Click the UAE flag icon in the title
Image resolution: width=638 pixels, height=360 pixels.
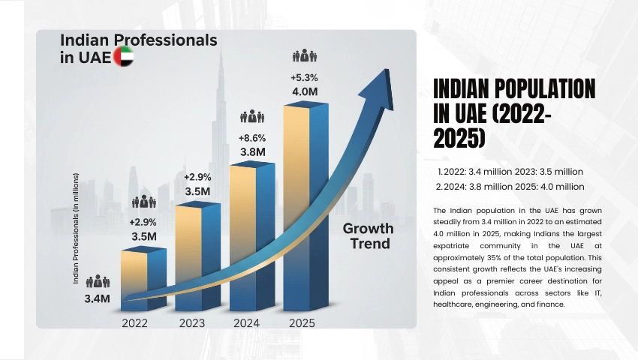click(x=122, y=58)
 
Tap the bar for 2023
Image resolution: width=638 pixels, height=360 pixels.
click(x=197, y=255)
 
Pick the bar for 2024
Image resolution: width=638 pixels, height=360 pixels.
click(x=251, y=236)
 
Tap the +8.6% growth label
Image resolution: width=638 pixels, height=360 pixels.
click(x=251, y=138)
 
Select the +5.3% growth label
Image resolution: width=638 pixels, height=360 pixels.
click(x=305, y=77)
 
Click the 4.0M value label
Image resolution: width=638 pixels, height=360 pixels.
click(x=305, y=91)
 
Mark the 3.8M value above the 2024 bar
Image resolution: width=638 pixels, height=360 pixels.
click(x=252, y=151)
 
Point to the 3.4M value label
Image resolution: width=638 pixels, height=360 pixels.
click(x=98, y=298)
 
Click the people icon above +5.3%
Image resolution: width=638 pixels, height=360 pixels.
click(x=305, y=56)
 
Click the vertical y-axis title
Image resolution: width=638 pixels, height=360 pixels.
click(x=77, y=229)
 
